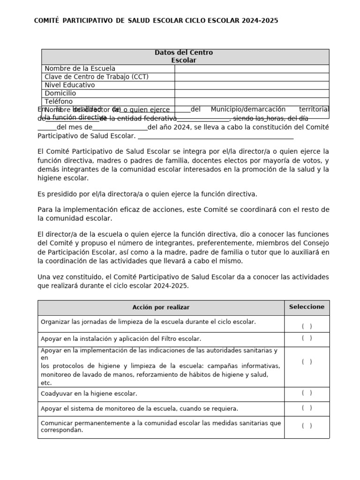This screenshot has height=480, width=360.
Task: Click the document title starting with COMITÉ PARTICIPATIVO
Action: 156,21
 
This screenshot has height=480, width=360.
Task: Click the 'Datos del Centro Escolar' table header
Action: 184,56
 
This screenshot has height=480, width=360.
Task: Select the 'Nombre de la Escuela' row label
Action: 80,68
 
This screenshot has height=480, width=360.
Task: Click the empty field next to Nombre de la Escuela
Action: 252,68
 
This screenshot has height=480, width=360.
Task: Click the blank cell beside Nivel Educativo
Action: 252,85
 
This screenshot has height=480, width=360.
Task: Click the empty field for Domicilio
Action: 252,93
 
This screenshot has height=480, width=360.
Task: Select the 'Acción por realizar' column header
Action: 161,307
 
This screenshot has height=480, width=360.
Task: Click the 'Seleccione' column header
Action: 307,307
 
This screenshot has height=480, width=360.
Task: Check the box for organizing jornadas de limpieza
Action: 307,326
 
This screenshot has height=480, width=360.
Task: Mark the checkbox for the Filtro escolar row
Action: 307,338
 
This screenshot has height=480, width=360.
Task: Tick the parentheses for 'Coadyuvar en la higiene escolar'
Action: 307,393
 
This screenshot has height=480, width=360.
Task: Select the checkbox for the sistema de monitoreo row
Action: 307,408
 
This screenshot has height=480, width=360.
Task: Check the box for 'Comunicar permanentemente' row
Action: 307,426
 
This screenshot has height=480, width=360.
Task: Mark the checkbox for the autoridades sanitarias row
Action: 307,361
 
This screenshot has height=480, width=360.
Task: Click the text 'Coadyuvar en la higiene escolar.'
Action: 89,394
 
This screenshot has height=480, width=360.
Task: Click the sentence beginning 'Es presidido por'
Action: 147,194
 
